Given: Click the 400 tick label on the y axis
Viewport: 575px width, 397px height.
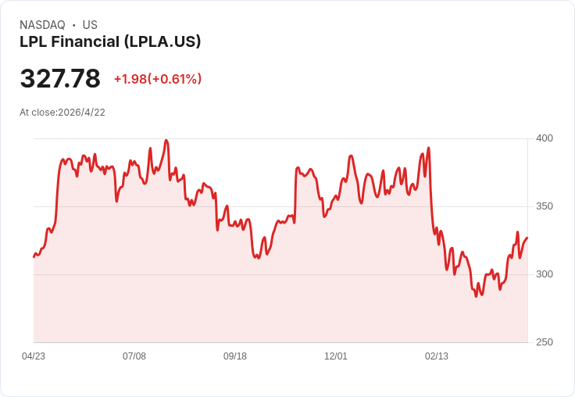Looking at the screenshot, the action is [x=545, y=138].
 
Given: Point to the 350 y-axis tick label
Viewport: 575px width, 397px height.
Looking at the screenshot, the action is [x=545, y=206].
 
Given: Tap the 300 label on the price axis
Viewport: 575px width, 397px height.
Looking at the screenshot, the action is [x=545, y=274].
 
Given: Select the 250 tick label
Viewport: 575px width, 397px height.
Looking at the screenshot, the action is [x=545, y=342].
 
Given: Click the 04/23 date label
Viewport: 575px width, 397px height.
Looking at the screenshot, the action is [x=34, y=356].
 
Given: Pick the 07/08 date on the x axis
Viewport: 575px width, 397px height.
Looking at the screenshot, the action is [x=134, y=356].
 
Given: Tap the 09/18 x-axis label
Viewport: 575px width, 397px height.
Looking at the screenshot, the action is [x=235, y=356].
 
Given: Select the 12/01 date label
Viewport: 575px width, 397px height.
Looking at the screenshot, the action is [x=335, y=356].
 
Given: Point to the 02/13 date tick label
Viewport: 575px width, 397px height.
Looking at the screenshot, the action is [x=437, y=356].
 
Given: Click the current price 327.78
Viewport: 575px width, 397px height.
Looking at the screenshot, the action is [x=60, y=78].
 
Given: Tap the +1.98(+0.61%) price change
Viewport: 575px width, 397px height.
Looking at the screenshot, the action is [x=158, y=79].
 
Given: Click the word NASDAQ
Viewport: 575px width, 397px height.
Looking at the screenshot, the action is [x=42, y=25].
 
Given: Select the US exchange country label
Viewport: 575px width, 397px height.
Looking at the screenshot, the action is [x=90, y=25].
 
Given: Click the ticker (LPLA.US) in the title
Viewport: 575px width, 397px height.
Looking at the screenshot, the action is [x=162, y=42].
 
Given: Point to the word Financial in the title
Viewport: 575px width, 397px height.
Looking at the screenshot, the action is [x=85, y=41].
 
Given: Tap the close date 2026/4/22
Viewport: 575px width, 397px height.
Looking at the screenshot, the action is [x=81, y=113].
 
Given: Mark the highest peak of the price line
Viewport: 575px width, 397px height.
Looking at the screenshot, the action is [x=166, y=140].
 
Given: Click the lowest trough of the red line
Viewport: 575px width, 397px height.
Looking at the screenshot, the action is [x=476, y=296].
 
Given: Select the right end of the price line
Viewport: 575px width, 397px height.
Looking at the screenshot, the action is [x=527, y=238].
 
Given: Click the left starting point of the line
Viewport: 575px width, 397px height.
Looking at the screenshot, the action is [x=34, y=257].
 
